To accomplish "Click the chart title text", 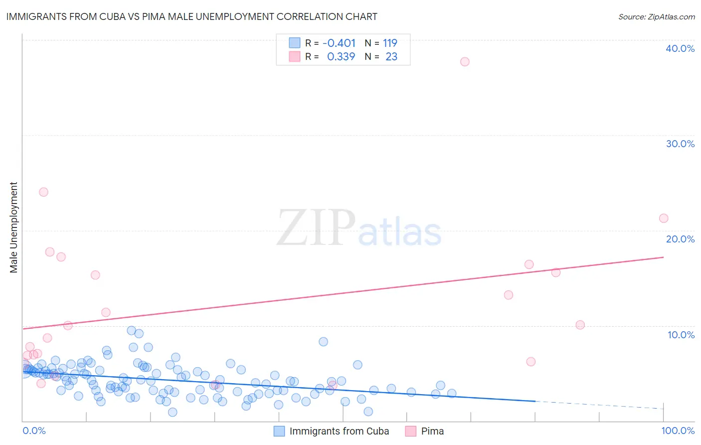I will tap(191, 16).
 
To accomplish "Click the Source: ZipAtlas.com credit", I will tap(656, 16).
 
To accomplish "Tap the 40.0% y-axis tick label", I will tap(680, 48).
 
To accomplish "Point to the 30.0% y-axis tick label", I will tap(680, 144).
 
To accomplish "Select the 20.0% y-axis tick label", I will tap(680, 239).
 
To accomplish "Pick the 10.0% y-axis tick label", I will tap(681, 335).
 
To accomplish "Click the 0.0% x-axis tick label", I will tap(34, 431).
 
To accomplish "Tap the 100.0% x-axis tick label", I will tap(678, 431).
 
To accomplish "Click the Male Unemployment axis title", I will tap(13, 227).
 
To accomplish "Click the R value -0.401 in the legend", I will tap(339, 43).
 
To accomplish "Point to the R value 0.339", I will tap(341, 57).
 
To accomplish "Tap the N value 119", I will tap(390, 43).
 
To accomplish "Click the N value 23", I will tap(391, 57).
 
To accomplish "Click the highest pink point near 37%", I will tap(465, 62).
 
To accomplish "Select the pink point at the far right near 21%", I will tap(664, 218).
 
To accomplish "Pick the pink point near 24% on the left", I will tap(43, 192).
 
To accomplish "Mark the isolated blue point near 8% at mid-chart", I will tap(323, 342).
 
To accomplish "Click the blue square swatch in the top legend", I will tap(295, 43).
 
